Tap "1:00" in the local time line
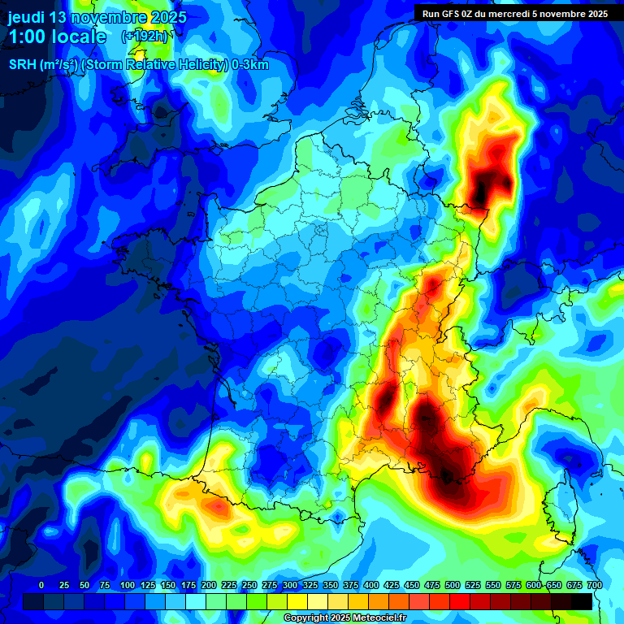pyautogui.click(x=28, y=37)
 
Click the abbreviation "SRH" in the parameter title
pyautogui.click(x=22, y=65)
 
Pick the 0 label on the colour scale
pyautogui.click(x=41, y=585)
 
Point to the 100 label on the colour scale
pyautogui.click(x=127, y=585)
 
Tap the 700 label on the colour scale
pyautogui.click(x=595, y=585)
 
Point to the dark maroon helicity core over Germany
pyautogui.click(x=490, y=183)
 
